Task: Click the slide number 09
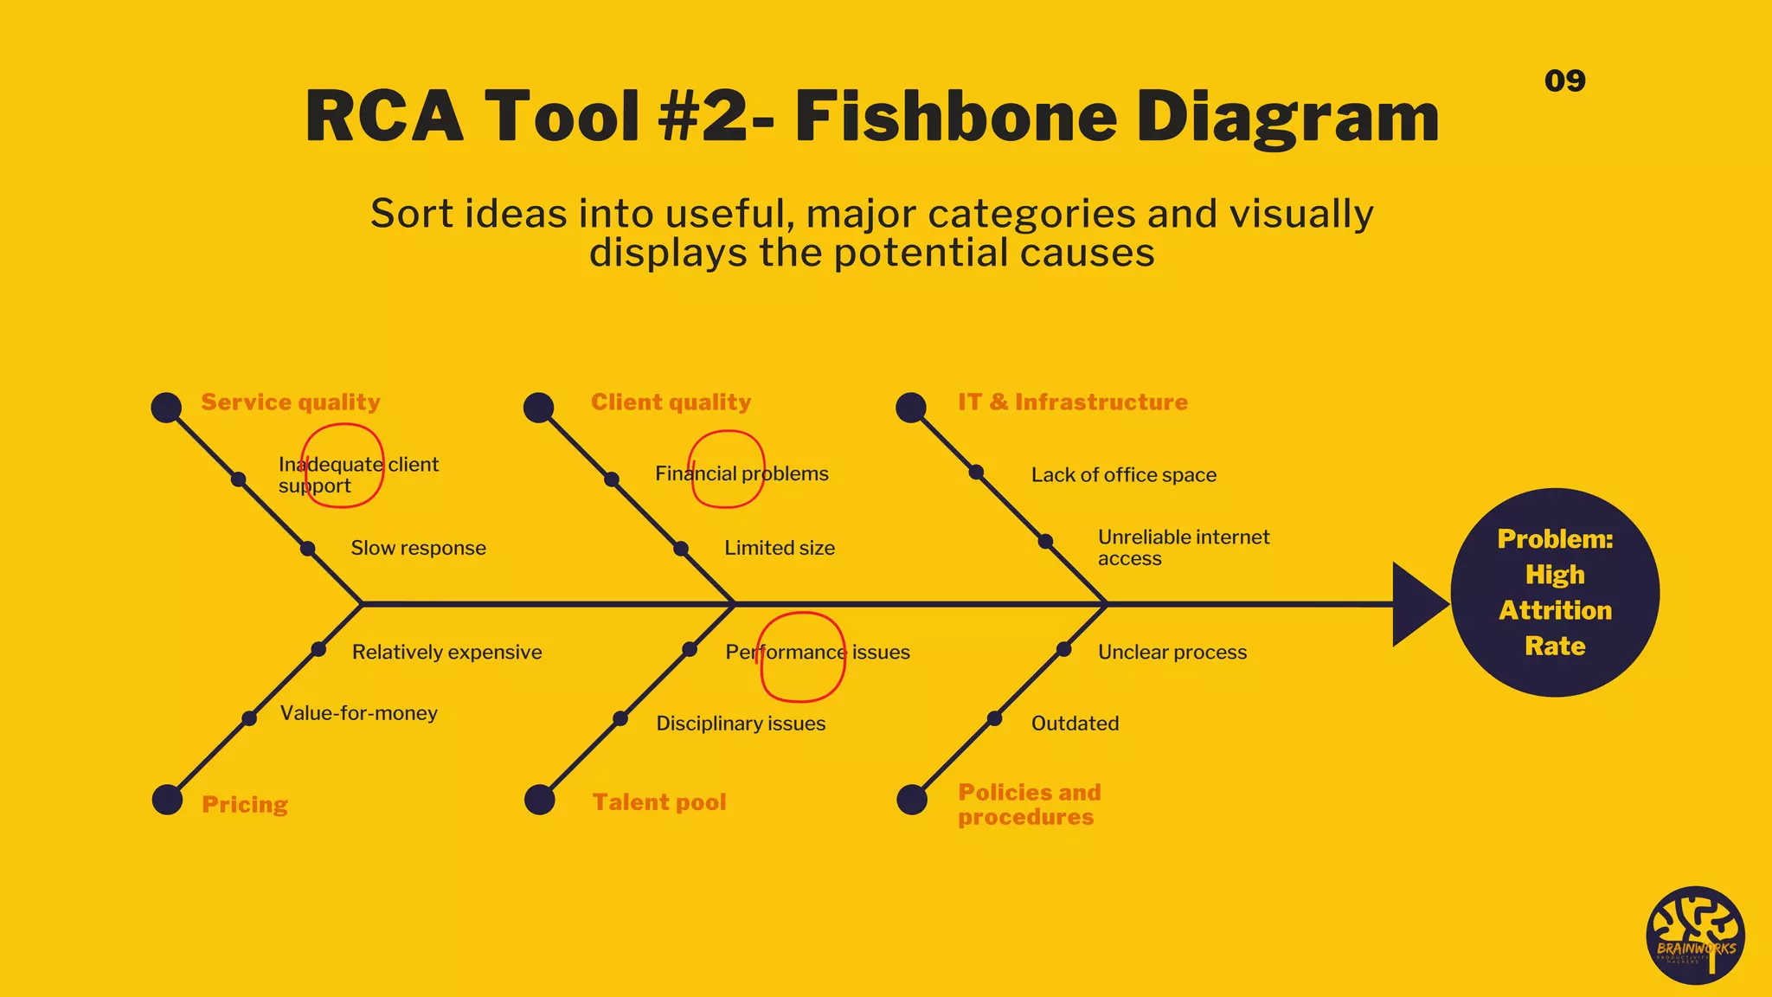(1564, 80)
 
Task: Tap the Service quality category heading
(291, 402)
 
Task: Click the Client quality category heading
(671, 402)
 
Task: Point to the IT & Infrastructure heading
(1072, 402)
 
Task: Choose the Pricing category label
(245, 804)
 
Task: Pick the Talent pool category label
(659, 802)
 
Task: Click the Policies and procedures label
(1029, 804)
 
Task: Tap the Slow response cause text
(418, 548)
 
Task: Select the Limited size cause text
(780, 548)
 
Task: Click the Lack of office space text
(1123, 474)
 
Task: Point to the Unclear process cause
(1172, 652)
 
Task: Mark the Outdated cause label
(1075, 723)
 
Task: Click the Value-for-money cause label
(358, 713)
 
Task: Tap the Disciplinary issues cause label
(741, 723)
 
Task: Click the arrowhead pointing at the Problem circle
(1416, 604)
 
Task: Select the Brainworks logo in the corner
(1695, 936)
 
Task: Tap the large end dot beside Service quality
(166, 408)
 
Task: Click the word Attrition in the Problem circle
(1555, 610)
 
